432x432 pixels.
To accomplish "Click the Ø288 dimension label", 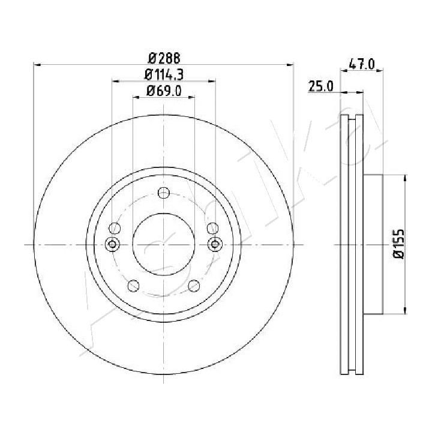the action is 164,58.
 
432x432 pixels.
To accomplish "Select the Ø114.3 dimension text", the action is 164,74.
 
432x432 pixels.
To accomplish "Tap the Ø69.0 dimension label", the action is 164,91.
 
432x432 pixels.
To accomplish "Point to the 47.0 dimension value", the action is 362,65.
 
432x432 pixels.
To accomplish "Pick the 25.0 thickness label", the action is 320,86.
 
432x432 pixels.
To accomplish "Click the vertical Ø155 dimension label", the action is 398,244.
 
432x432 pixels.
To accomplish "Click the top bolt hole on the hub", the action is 164,193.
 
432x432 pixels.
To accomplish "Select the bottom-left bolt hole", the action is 133,286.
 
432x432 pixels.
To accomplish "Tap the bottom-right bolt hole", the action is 194,286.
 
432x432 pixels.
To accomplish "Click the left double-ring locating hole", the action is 112,244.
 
